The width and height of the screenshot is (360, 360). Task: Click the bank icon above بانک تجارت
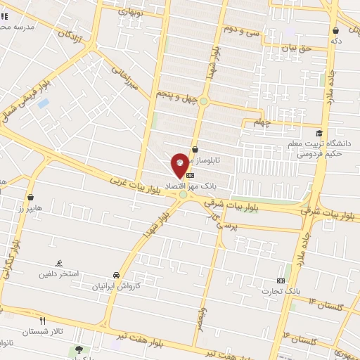point(281,280)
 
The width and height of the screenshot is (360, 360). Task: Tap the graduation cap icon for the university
point(319,134)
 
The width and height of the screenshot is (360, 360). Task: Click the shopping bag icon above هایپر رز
point(30,198)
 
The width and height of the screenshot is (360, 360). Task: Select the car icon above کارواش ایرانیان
point(115,276)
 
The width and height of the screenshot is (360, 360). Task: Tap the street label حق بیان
point(296,48)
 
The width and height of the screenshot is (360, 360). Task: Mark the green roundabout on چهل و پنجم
point(204,101)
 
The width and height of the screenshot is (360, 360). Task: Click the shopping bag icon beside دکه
point(335,31)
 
